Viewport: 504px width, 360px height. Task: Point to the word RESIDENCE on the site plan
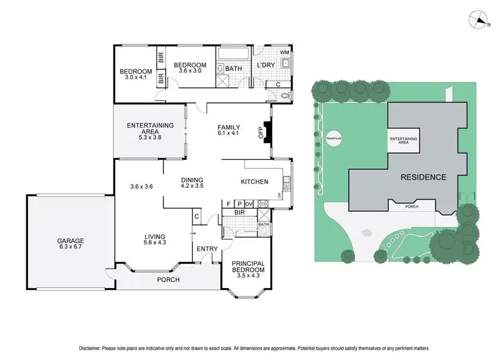(x=423, y=177)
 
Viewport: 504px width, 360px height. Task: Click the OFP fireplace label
(x=261, y=132)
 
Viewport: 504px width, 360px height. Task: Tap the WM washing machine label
(x=284, y=52)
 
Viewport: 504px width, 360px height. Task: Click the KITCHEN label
(x=255, y=181)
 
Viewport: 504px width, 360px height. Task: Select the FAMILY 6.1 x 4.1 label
(x=228, y=130)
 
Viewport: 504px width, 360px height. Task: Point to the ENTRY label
(x=207, y=249)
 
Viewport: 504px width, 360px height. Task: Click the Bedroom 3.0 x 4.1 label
(x=135, y=74)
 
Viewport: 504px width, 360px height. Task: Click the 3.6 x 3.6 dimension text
(x=142, y=187)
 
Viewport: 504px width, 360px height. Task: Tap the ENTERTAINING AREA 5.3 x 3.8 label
(x=151, y=130)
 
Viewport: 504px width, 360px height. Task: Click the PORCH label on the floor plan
(x=168, y=279)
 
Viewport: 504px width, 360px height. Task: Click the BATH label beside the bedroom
(x=233, y=69)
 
